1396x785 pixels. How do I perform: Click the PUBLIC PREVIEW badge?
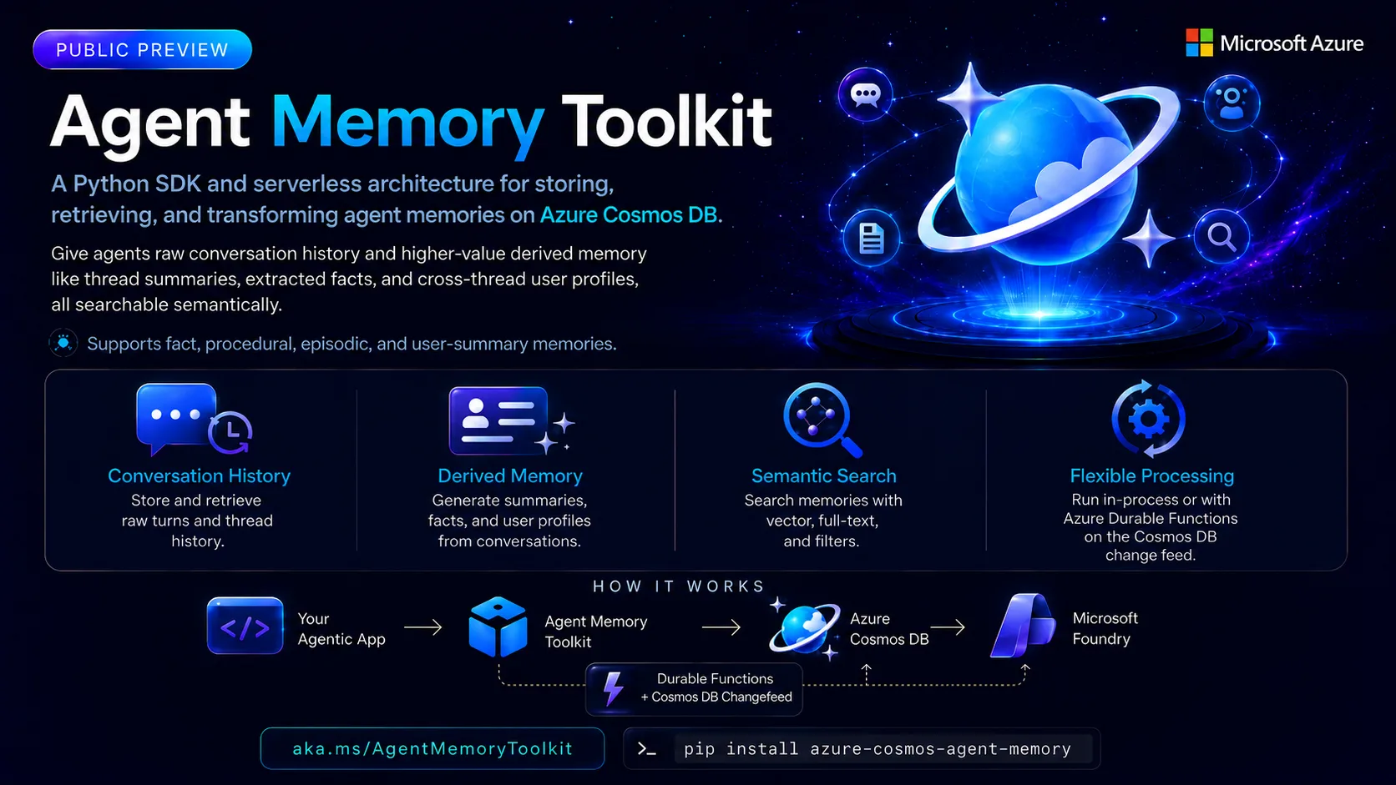pos(142,49)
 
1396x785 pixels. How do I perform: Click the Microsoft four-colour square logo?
pos(1199,43)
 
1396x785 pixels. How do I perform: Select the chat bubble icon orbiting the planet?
pos(865,94)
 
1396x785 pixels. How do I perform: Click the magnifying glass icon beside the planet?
pos(1221,237)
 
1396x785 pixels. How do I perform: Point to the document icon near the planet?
pos(871,239)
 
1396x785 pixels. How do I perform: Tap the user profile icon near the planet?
pos(1232,103)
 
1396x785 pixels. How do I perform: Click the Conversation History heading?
pos(200,476)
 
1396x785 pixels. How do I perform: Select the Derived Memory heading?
pos(510,476)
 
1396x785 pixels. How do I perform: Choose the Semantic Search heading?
pos(823,476)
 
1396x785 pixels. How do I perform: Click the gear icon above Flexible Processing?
pos(1149,419)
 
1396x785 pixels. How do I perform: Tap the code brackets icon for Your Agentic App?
pos(245,626)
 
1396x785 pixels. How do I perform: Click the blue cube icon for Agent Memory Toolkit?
pos(498,626)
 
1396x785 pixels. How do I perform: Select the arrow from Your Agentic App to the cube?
pos(423,626)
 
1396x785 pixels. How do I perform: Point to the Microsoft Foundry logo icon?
pos(1024,626)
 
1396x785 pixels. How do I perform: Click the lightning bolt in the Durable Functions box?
pos(613,688)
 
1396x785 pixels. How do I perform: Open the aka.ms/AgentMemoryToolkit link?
pos(432,748)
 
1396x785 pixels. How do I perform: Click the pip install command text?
pos(878,749)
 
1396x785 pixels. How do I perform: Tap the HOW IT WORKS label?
pos(678,586)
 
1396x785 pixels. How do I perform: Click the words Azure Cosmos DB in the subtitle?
pos(628,214)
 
